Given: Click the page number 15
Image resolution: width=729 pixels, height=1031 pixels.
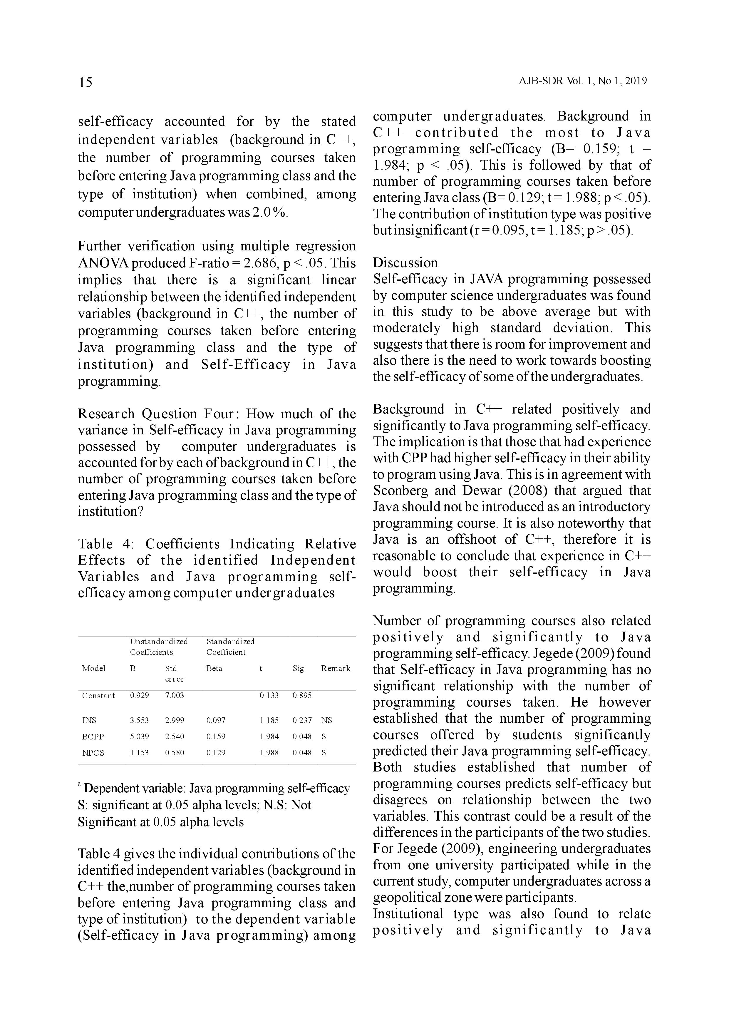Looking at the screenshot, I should click(x=85, y=82).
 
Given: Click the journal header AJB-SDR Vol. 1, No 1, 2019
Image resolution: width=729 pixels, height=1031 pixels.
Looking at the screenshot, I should click(x=582, y=81).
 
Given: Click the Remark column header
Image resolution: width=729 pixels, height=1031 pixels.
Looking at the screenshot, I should click(x=335, y=668).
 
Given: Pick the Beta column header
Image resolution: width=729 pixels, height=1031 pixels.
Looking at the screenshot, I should click(x=214, y=668).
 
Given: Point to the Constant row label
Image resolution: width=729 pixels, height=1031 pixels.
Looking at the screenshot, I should click(x=98, y=696).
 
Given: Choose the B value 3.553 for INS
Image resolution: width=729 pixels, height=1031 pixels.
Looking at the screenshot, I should click(x=139, y=721).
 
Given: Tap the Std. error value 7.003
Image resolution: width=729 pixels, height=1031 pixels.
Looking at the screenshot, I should click(x=174, y=696).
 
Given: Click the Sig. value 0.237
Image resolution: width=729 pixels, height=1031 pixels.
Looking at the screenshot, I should click(x=302, y=721).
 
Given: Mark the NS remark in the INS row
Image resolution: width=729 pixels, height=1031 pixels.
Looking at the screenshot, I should click(x=326, y=721).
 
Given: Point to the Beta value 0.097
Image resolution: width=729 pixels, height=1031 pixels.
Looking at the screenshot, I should click(x=216, y=721).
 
